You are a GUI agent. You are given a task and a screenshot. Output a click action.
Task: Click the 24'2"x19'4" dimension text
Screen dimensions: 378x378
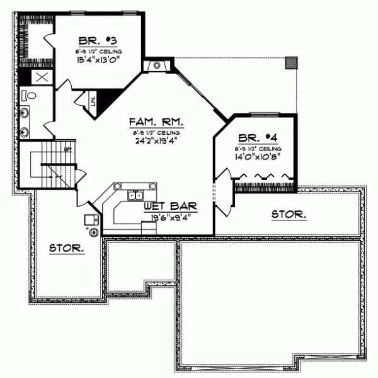pyautogui.click(x=155, y=140)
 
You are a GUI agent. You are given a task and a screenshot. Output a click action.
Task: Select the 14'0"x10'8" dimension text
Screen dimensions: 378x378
pyautogui.click(x=256, y=157)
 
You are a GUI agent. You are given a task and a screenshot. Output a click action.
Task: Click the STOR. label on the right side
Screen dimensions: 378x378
pyautogui.click(x=289, y=215)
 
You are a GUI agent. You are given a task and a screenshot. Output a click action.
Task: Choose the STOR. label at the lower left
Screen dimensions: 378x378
pyautogui.click(x=67, y=249)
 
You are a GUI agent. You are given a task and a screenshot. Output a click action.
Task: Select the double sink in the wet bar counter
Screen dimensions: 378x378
pyautogui.click(x=134, y=197)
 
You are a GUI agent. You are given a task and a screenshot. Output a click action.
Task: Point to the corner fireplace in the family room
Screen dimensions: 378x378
pyautogui.click(x=155, y=66)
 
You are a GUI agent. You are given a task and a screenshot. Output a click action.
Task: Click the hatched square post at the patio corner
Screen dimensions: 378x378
pyautogui.click(x=290, y=62)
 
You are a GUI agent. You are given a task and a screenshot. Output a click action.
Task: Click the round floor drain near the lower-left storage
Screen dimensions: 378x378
pyautogui.click(x=93, y=232)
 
